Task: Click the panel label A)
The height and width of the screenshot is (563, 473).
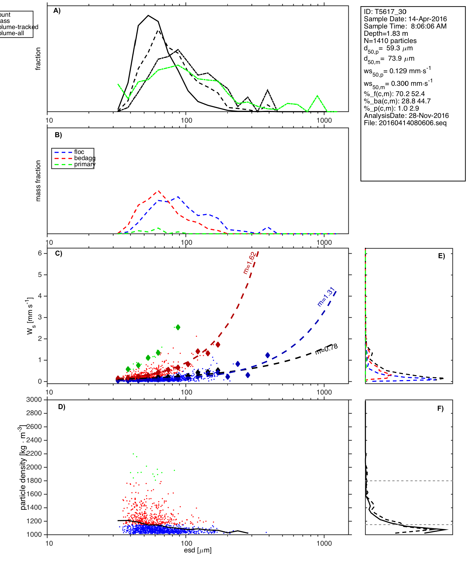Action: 57,11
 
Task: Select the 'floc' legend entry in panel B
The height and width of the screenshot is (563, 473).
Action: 79,152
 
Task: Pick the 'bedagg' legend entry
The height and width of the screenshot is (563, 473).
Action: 85,158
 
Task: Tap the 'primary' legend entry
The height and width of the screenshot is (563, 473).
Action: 85,164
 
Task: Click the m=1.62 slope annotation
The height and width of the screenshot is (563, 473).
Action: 249,263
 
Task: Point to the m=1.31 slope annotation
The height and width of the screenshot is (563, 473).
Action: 326,297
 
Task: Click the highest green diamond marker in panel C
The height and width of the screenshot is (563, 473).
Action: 178,327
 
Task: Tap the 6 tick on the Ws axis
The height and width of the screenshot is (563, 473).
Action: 40,253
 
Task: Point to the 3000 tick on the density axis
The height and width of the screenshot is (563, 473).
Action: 34,400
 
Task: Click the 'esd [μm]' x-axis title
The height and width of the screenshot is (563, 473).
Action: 198,550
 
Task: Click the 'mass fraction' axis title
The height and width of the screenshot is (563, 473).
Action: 38,181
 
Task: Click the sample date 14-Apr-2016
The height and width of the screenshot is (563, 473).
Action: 427,19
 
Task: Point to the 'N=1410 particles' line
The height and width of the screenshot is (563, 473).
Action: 390,41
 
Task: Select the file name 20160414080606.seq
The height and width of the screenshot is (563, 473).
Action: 412,123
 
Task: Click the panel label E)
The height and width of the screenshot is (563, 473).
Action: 441,256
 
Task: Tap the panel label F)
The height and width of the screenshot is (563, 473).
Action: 440,408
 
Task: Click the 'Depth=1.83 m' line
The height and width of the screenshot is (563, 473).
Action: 386,34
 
